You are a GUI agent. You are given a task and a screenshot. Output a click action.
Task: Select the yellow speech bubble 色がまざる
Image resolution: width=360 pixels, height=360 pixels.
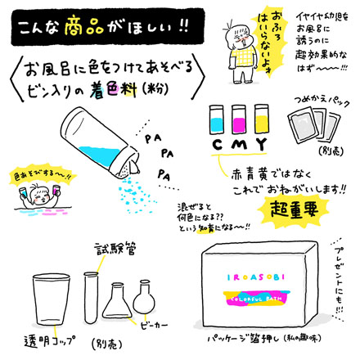click(30, 174)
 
